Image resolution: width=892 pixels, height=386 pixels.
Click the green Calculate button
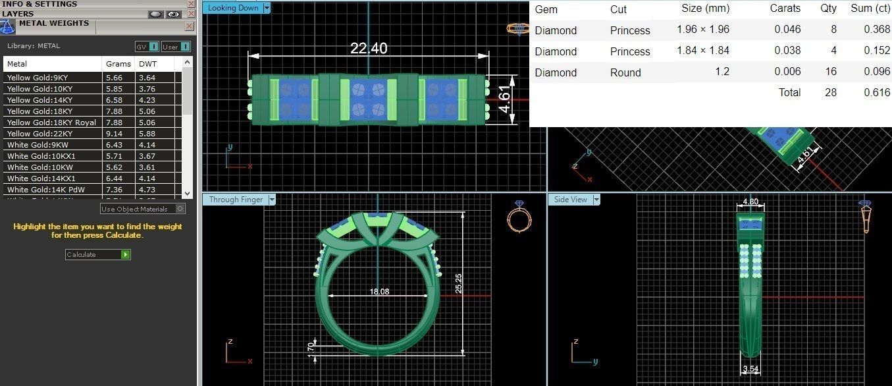click(x=125, y=255)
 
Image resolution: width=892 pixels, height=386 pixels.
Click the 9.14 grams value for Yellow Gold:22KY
click(x=114, y=134)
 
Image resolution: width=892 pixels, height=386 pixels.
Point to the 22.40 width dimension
click(x=369, y=49)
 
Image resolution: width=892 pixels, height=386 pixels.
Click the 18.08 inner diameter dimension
click(x=379, y=291)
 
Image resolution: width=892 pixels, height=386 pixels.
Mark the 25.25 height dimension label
click(x=459, y=283)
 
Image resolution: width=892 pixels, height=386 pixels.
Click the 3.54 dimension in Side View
click(x=750, y=369)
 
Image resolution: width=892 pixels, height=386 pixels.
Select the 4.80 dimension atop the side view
click(x=750, y=202)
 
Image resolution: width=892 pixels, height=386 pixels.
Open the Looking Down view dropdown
click(x=267, y=8)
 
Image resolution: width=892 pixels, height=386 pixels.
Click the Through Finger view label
click(x=236, y=200)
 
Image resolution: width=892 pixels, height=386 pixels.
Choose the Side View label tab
click(x=570, y=200)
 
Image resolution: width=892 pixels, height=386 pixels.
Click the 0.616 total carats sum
click(x=877, y=93)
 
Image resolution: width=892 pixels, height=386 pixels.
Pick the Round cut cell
click(x=625, y=72)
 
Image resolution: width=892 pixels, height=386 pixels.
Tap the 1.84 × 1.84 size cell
click(x=702, y=51)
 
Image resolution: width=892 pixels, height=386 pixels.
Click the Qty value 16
click(x=831, y=72)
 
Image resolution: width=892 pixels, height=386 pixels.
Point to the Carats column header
click(x=785, y=9)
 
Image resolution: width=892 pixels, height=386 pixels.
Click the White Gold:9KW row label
click(x=38, y=145)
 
